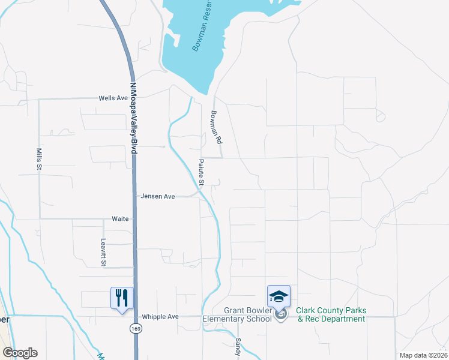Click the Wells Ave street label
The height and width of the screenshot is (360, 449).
tap(113, 98)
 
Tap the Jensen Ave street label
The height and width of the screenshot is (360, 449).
tap(157, 196)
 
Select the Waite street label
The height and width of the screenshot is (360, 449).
tap(120, 219)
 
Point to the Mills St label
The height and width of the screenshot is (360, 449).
tap(37, 159)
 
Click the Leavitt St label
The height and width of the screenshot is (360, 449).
tap(103, 251)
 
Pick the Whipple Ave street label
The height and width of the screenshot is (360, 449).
tap(160, 316)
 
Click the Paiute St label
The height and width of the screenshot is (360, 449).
tap(202, 173)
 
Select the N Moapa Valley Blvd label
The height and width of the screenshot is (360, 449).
tap(133, 118)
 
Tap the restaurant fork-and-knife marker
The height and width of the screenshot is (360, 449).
tap(122, 298)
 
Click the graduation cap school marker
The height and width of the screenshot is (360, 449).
tap(279, 296)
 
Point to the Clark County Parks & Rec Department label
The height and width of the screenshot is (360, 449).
tap(331, 315)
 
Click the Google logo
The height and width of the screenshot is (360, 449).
tap(20, 353)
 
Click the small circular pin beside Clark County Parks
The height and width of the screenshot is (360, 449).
tap(279, 314)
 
